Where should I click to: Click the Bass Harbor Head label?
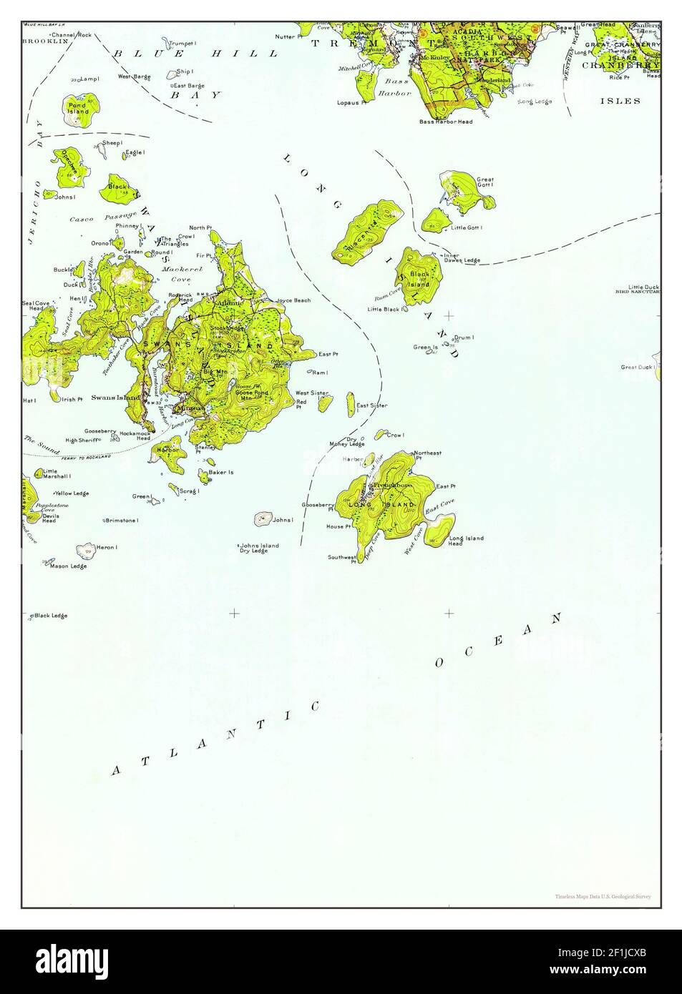[446, 122]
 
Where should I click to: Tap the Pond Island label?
[77, 109]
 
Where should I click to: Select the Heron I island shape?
[86, 551]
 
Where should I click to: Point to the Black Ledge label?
[50, 615]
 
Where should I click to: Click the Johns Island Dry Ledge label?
[258, 548]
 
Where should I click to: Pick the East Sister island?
[351, 403]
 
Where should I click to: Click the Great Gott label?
[485, 182]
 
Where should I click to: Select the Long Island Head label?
[466, 541]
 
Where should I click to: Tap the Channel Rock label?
[76, 34]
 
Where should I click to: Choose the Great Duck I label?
[638, 367]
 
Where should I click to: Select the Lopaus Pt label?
[352, 102]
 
